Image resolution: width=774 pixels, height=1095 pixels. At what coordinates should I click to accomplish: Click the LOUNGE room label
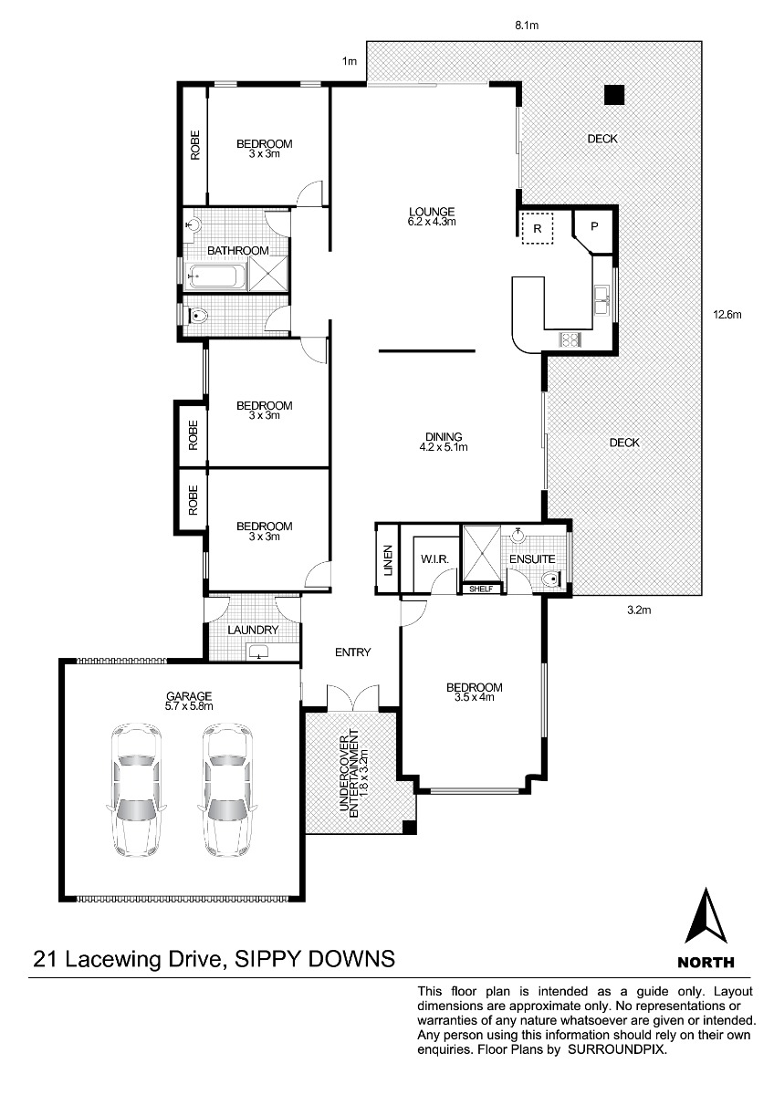[432, 212]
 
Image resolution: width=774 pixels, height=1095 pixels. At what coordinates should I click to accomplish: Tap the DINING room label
[444, 437]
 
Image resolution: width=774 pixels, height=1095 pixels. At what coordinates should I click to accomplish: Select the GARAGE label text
[189, 696]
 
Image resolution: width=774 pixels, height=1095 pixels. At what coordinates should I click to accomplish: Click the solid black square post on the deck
[614, 95]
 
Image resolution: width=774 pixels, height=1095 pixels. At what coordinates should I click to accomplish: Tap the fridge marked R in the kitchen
[537, 228]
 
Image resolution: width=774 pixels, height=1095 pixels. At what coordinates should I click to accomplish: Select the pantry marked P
[593, 229]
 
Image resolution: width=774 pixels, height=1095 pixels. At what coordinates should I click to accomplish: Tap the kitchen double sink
[601, 300]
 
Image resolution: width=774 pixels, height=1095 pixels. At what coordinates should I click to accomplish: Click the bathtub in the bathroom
[216, 277]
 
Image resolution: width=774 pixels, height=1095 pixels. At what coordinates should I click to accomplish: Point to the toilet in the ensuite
[552, 579]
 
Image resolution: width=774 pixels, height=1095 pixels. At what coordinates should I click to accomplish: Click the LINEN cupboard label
[388, 560]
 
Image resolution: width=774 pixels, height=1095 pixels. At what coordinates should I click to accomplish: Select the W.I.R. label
[434, 559]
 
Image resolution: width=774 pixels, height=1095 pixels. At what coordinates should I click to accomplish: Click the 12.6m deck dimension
[727, 315]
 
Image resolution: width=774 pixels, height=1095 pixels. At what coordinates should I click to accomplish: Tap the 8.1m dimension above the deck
[527, 25]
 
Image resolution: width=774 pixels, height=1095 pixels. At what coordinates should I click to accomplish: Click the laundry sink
[258, 652]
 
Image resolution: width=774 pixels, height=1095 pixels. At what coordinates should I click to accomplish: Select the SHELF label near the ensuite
[481, 589]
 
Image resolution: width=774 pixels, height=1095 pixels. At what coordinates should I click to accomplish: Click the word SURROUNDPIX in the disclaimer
[617, 1049]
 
